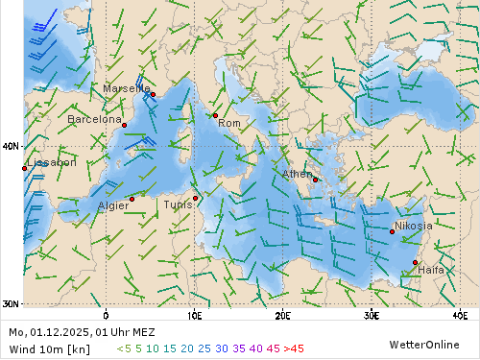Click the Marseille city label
click(x=127, y=88)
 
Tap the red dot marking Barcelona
click(x=124, y=125)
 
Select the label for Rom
click(x=229, y=123)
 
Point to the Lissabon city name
click(x=51, y=162)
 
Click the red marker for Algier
click(x=132, y=199)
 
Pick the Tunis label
click(x=177, y=204)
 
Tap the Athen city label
click(x=297, y=174)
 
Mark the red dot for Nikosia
click(x=392, y=231)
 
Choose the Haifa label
click(x=431, y=270)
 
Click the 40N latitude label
click(x=11, y=147)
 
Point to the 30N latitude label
click(x=11, y=304)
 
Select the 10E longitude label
click(x=194, y=314)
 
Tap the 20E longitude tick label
click(x=283, y=314)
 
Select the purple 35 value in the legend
click(x=240, y=348)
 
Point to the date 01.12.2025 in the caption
click(x=61, y=332)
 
